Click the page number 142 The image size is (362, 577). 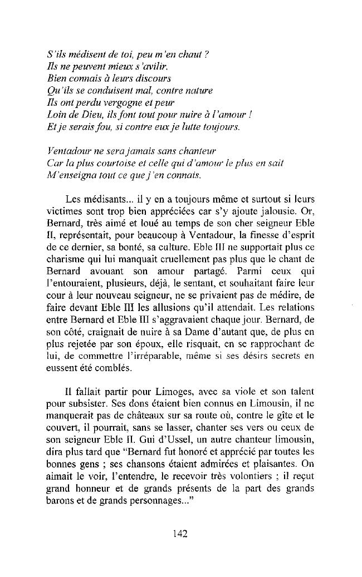[179, 534]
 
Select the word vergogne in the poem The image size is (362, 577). [118, 101]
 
